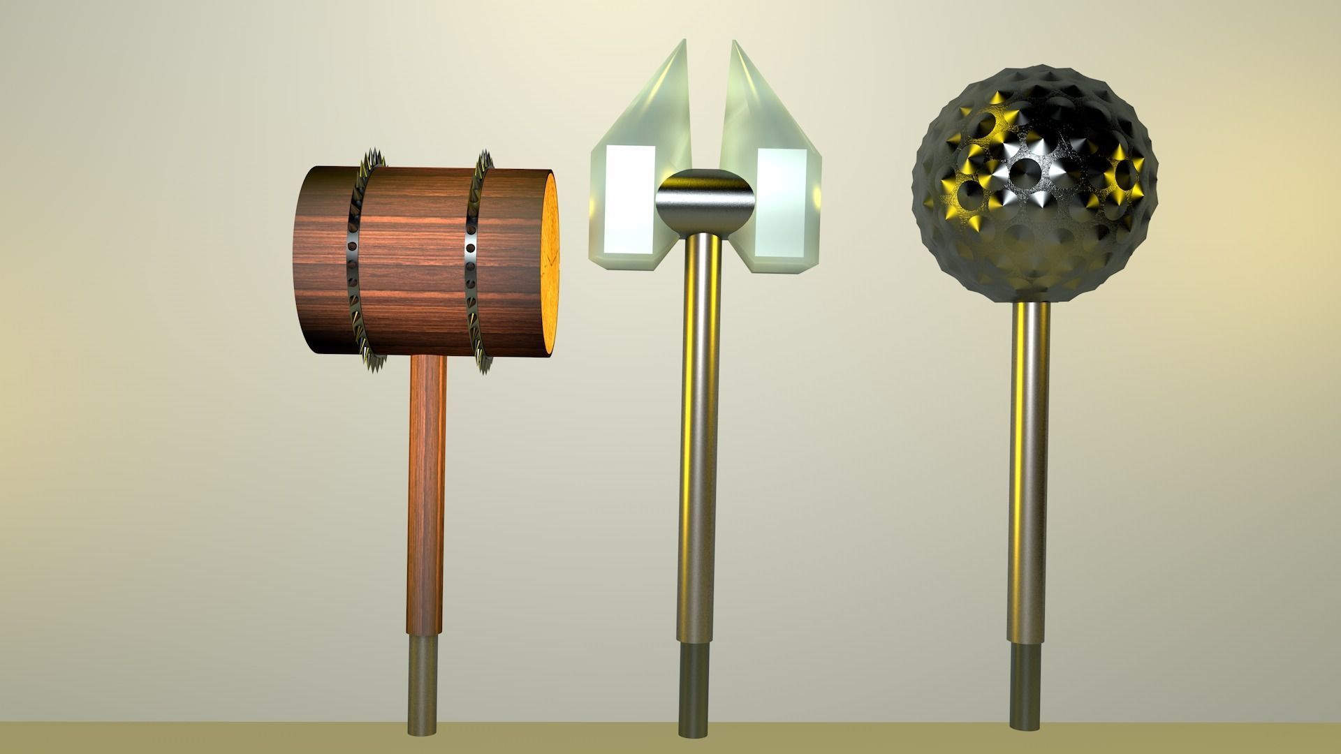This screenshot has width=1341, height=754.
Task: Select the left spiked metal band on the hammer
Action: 354,262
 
